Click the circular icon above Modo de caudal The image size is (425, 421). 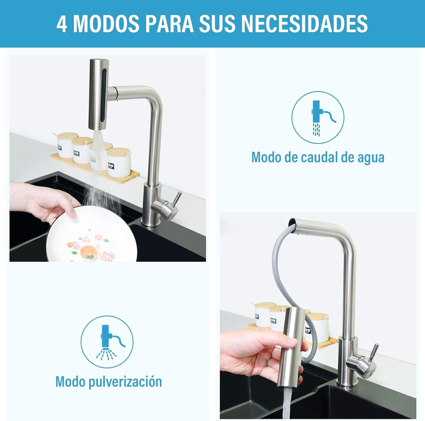318,117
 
